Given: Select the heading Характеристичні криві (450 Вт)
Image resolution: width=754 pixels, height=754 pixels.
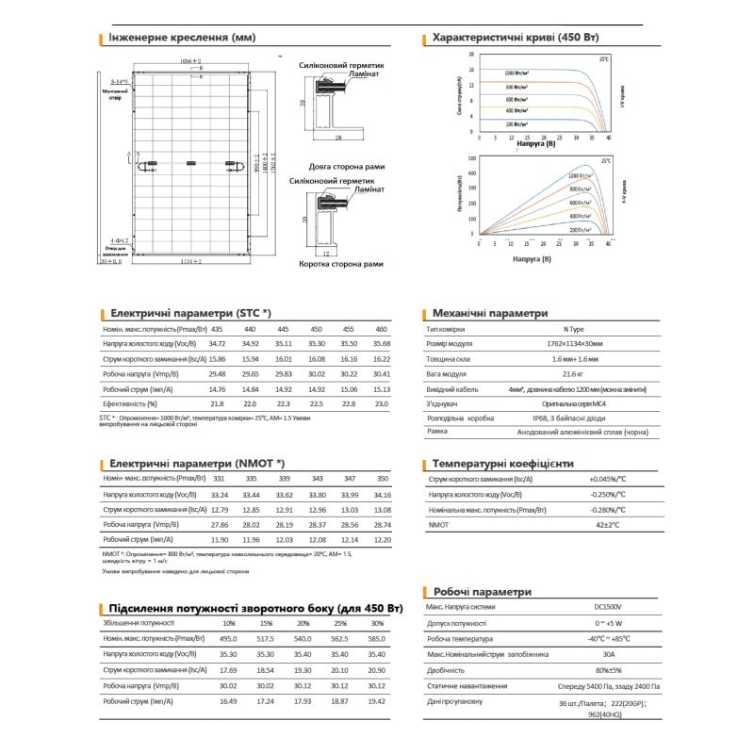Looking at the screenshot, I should point(514,39).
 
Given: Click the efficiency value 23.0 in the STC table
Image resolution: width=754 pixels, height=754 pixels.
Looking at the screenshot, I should point(381,403).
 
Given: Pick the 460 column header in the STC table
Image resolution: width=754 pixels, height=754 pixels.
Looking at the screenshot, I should point(381,328).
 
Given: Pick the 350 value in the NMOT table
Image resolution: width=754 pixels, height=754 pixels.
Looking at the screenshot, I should point(381,480).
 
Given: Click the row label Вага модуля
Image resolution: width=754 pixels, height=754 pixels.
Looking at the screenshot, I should point(447,374).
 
